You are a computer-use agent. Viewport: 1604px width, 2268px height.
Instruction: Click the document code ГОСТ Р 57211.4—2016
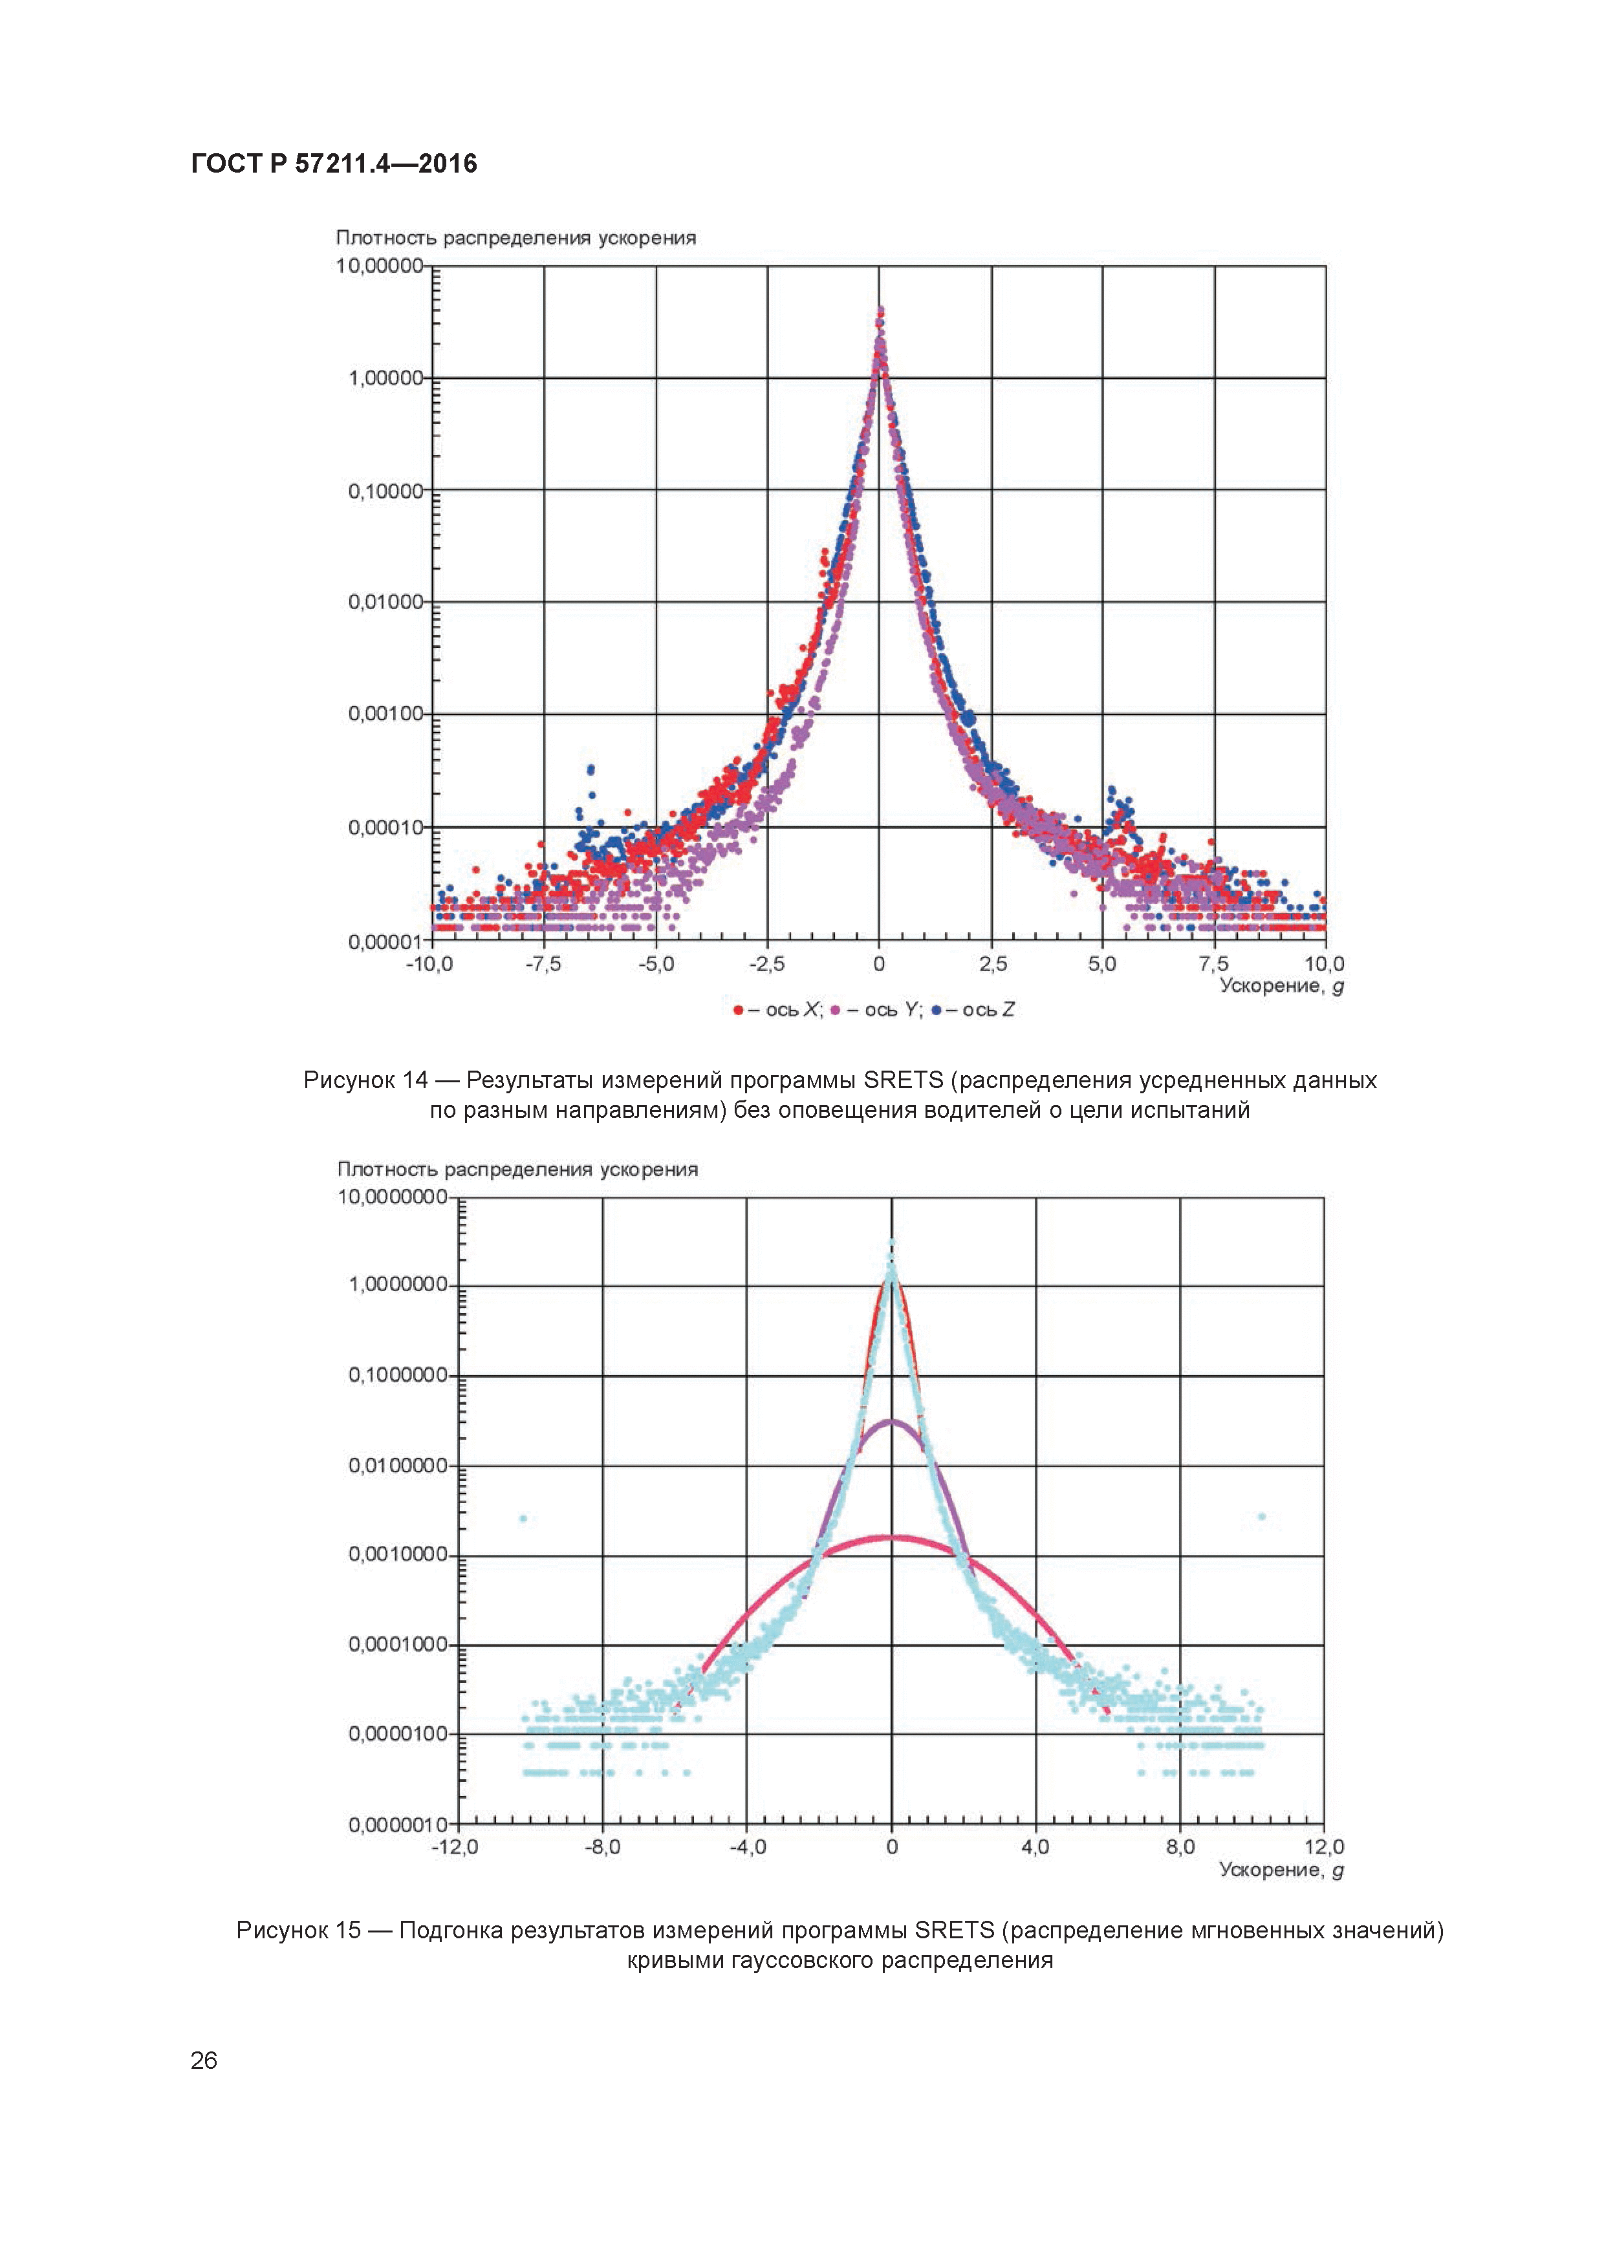(334, 164)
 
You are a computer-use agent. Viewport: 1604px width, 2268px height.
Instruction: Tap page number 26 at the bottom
(204, 2060)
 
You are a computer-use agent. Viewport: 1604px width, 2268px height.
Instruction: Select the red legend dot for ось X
(738, 1009)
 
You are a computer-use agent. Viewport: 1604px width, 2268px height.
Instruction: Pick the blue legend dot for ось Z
(935, 1009)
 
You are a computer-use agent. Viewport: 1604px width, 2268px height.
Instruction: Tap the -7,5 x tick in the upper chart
(543, 964)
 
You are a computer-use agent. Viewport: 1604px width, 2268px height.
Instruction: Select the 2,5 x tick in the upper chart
(992, 964)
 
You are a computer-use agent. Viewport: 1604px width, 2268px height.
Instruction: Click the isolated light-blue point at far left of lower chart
(524, 1518)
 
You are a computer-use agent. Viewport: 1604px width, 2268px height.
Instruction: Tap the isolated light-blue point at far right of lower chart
(1261, 1516)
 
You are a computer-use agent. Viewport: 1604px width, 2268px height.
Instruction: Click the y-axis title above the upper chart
(516, 238)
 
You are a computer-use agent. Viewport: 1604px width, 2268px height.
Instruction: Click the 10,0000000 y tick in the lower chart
(393, 1197)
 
